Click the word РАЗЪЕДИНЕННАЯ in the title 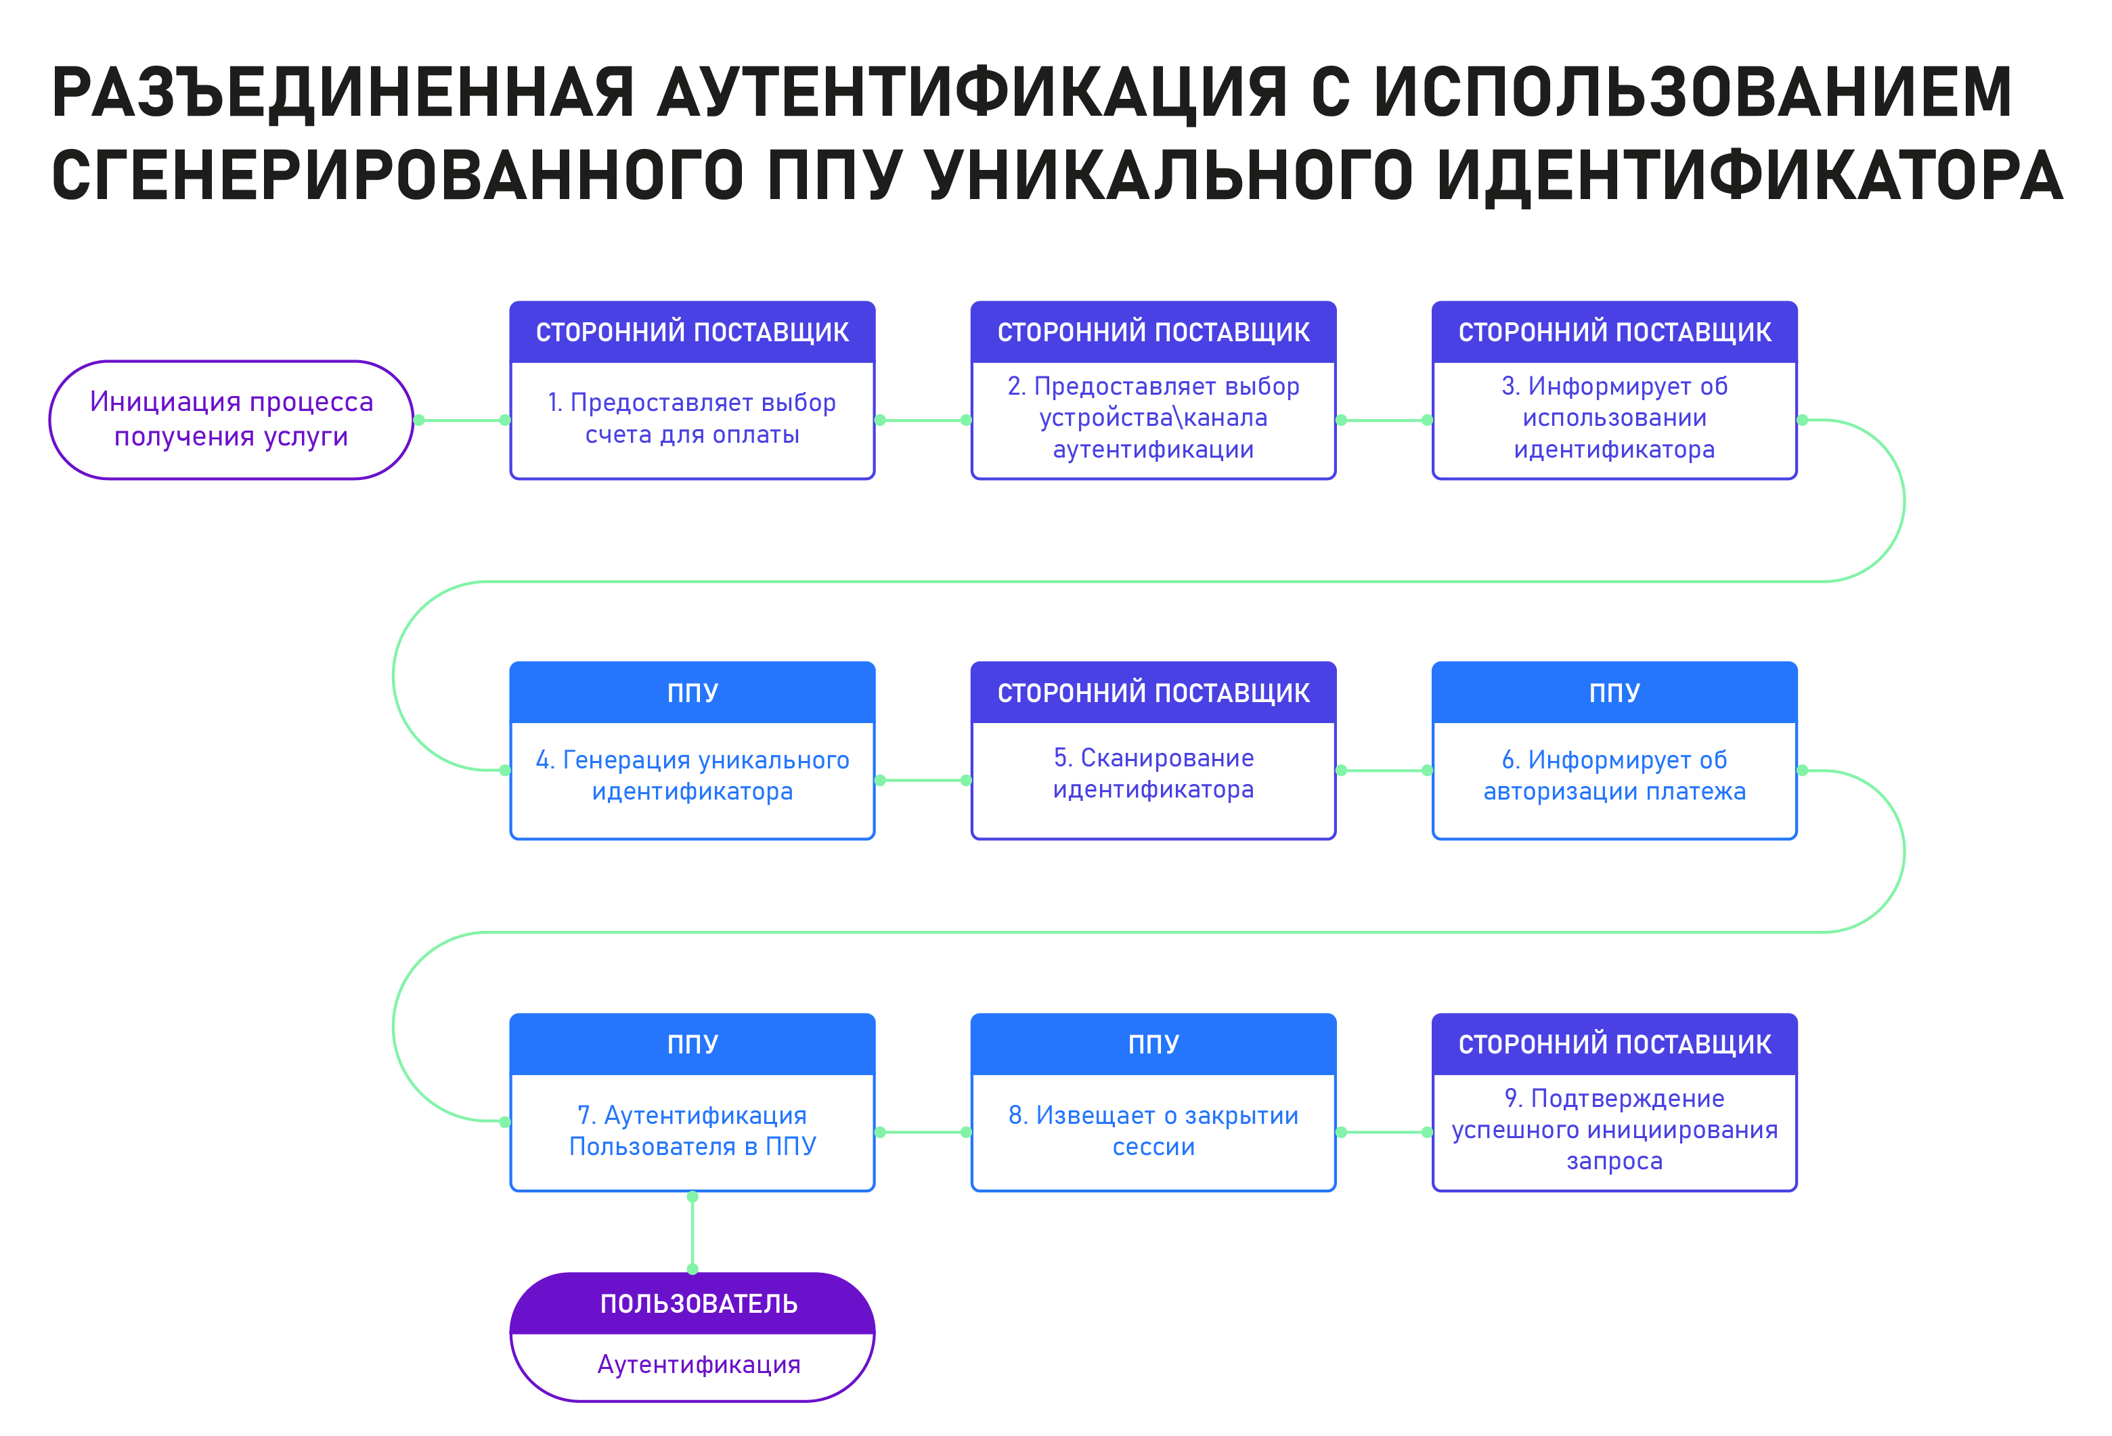click(343, 92)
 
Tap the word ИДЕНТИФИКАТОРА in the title click(1751, 175)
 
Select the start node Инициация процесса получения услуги click(232, 420)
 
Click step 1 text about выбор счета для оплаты click(692, 418)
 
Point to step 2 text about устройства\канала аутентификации click(1153, 418)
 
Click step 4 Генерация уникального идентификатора click(692, 775)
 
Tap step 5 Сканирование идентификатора click(1153, 773)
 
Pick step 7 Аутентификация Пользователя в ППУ click(692, 1131)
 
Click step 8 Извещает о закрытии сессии click(1153, 1131)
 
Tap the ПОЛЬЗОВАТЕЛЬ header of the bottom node click(698, 1304)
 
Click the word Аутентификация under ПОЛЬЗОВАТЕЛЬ click(698, 1365)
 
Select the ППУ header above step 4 click(692, 693)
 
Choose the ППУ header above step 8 click(1153, 1044)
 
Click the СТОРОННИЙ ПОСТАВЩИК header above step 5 click(1153, 693)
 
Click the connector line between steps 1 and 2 click(923, 420)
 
